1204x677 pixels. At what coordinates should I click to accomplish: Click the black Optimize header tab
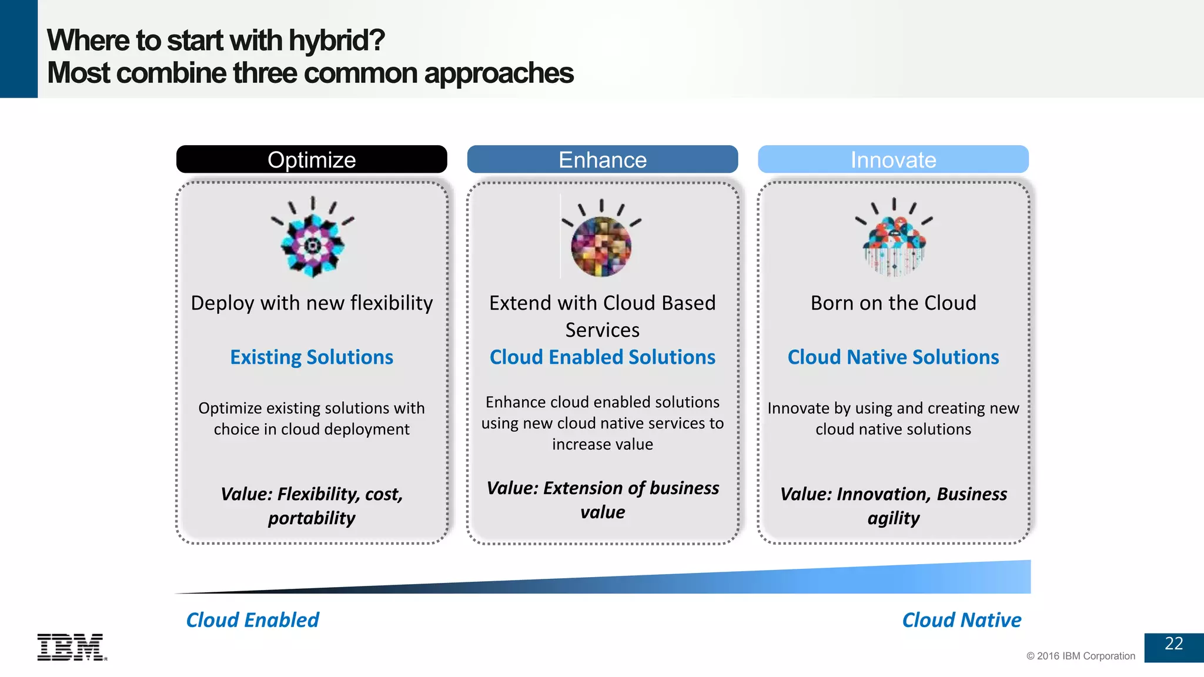312,159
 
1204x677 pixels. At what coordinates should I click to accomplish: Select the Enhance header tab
602,159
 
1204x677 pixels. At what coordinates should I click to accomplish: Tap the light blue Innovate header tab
893,159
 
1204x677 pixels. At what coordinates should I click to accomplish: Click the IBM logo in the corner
72,647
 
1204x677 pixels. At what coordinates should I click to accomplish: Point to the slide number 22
1173,644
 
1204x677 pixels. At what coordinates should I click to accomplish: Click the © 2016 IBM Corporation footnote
1081,656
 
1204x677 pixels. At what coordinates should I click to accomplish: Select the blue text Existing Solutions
312,357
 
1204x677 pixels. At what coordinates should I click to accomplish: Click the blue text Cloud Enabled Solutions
602,357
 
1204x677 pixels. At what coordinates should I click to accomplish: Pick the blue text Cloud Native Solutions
893,357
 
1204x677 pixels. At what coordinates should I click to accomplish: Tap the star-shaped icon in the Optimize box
313,244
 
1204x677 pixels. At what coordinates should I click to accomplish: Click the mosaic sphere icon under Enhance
601,246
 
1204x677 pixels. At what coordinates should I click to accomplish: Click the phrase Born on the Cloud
893,303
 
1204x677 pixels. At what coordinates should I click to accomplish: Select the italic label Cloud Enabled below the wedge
252,620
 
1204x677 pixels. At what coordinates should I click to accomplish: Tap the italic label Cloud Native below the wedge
961,620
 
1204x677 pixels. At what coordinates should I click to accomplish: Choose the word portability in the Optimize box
312,518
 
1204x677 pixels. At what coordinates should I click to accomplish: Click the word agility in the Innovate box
893,518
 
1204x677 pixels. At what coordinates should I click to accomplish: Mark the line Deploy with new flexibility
312,303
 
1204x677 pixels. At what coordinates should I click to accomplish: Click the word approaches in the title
499,73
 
